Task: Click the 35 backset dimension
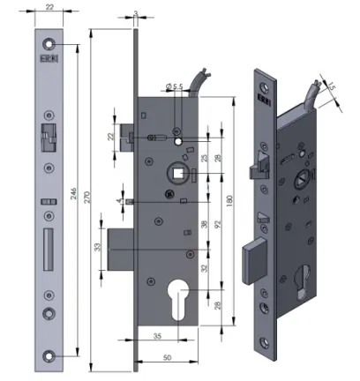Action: tap(156, 336)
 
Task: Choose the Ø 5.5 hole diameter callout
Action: tap(174, 86)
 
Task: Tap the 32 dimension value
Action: tap(205, 268)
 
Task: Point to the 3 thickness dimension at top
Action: tap(135, 14)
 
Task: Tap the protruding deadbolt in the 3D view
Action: tap(251, 260)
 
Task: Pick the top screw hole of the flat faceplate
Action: tap(48, 44)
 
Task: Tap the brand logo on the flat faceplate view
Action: tap(48, 61)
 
